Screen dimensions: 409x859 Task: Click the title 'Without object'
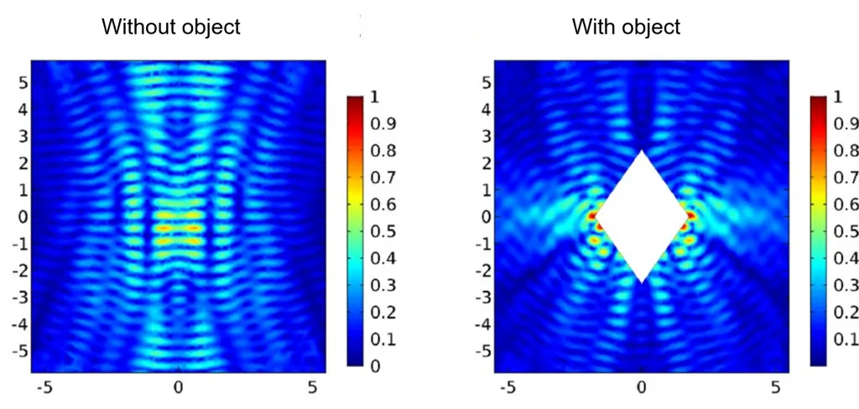tap(170, 27)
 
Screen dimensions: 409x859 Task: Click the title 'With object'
tap(626, 27)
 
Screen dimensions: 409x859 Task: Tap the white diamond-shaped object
tap(642, 216)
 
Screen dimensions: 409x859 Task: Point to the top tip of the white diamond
tap(642, 152)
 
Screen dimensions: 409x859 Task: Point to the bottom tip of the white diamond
tap(642, 282)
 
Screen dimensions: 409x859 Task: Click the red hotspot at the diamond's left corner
tap(592, 216)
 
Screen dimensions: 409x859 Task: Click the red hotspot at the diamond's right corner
tap(691, 216)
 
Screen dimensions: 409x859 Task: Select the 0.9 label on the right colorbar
tap(846, 123)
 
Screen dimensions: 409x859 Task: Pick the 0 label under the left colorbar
tap(374, 365)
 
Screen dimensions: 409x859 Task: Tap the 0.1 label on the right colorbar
tap(846, 339)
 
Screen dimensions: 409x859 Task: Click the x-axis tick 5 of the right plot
tap(775, 388)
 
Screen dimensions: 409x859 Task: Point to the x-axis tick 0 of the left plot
tap(178, 388)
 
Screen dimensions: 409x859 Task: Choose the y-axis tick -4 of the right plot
tap(482, 324)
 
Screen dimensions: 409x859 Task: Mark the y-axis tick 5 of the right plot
tap(486, 82)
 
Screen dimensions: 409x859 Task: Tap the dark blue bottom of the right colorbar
tap(820, 361)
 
